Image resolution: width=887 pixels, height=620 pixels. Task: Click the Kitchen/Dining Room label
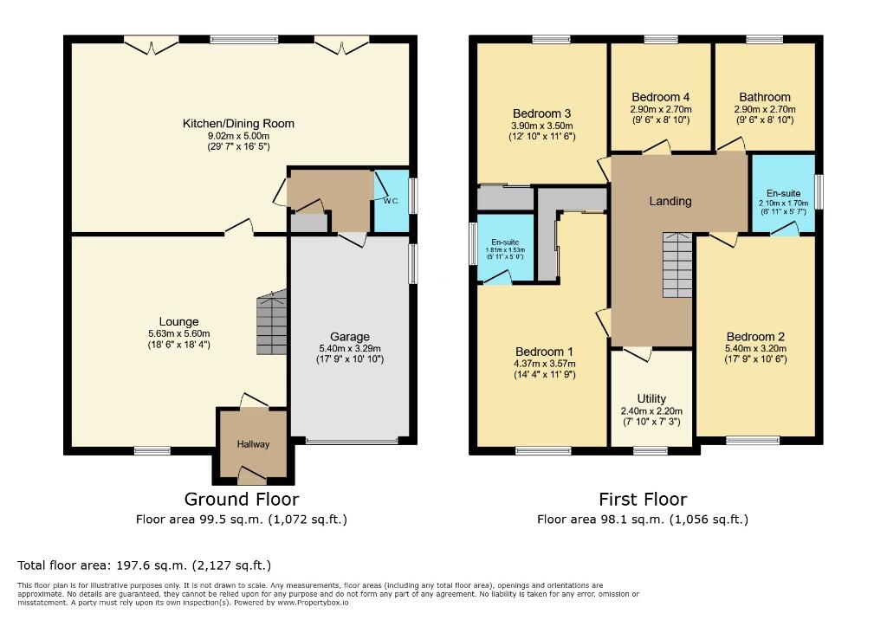coord(238,124)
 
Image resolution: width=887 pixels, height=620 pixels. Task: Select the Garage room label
coord(349,337)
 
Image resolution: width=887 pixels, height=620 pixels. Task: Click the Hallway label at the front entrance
coord(254,444)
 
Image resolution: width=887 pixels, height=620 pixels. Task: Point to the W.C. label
coord(389,201)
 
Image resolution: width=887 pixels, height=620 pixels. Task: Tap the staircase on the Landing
coord(677,265)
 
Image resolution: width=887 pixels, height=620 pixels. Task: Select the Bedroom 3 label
coord(541,113)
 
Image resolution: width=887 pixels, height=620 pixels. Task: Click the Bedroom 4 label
coord(660,97)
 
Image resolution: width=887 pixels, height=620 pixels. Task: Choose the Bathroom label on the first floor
coord(764,97)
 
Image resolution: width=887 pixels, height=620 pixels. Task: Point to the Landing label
coord(670,201)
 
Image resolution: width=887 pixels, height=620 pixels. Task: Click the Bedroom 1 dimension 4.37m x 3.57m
coord(544,364)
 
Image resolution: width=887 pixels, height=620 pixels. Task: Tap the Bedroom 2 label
coord(755,337)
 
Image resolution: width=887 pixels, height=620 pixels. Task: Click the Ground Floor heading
coord(242,500)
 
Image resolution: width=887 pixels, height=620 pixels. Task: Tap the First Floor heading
coord(643,500)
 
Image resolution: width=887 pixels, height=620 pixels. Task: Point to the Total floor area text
coord(145,565)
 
